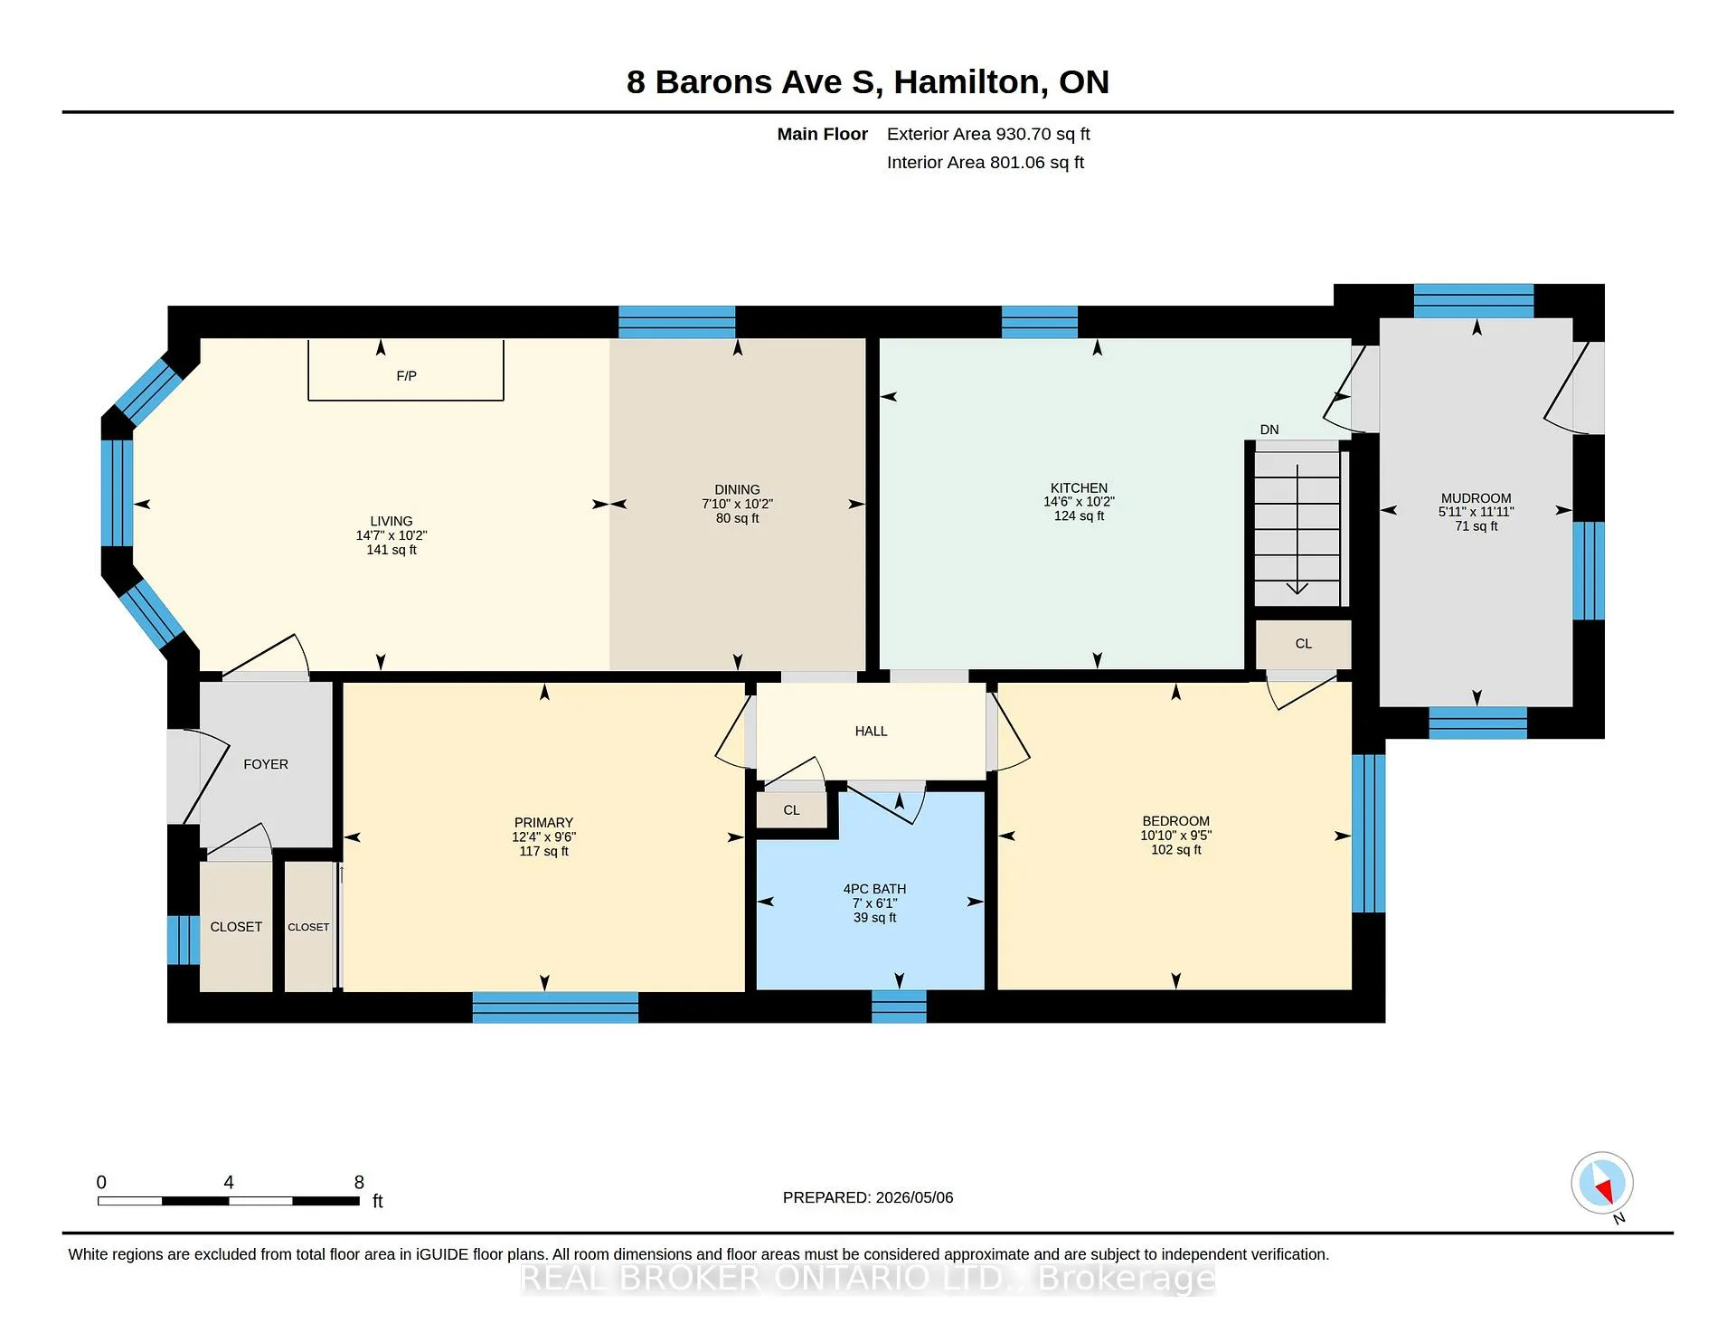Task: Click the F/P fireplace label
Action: pyautogui.click(x=406, y=376)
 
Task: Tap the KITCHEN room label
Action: pyautogui.click(x=1079, y=487)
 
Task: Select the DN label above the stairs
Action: pyautogui.click(x=1269, y=430)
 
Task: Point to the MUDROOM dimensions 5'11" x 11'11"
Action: pyautogui.click(x=1476, y=512)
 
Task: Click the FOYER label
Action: pyautogui.click(x=266, y=764)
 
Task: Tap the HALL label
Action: pyautogui.click(x=871, y=731)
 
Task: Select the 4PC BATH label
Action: pyautogui.click(x=874, y=889)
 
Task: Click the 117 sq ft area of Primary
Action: pyautogui.click(x=543, y=851)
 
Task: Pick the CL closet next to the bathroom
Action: pyautogui.click(x=791, y=810)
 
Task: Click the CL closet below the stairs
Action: pyautogui.click(x=1303, y=644)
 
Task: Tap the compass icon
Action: pyautogui.click(x=1602, y=1183)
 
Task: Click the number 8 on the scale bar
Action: pyautogui.click(x=359, y=1182)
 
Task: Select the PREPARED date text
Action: pyautogui.click(x=868, y=1197)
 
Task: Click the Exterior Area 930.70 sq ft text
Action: pyautogui.click(x=988, y=134)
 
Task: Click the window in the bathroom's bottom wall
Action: pyautogui.click(x=899, y=1007)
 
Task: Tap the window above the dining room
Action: pyautogui.click(x=676, y=322)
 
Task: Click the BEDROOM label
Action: pyautogui.click(x=1175, y=821)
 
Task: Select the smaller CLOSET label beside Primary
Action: pyautogui.click(x=308, y=927)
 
